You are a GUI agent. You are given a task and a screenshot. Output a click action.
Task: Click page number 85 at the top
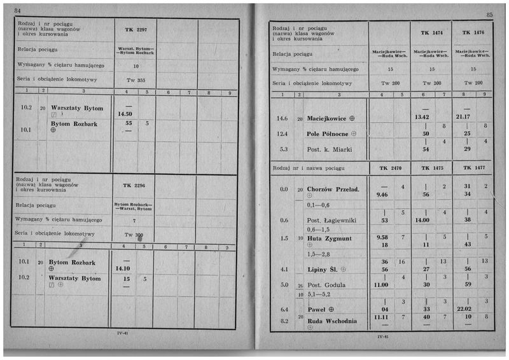click(489, 14)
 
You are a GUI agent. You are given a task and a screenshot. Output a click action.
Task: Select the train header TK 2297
click(136, 30)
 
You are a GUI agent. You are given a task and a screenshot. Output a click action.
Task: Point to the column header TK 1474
click(431, 32)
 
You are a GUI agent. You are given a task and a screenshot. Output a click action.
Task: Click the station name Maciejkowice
click(326, 118)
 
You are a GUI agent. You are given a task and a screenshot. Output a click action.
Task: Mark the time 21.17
click(467, 118)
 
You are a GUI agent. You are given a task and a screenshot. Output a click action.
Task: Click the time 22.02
click(467, 309)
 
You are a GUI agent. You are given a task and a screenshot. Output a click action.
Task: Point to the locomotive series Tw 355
click(136, 81)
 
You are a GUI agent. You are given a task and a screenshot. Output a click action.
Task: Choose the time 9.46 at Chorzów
click(382, 195)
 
